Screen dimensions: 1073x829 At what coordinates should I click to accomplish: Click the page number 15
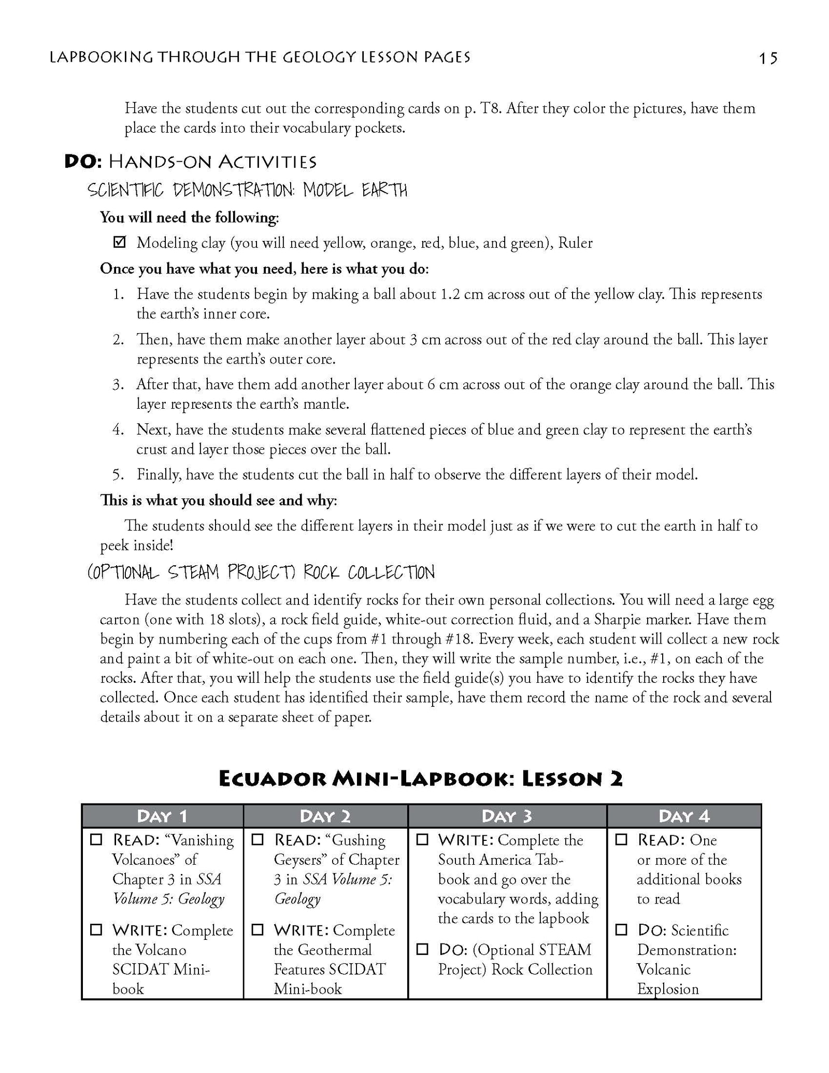(x=768, y=59)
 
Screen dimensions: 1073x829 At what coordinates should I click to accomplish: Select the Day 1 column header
(x=162, y=816)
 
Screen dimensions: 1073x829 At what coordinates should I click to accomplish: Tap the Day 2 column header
(x=325, y=816)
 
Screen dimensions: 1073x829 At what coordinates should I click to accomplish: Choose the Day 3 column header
(x=507, y=816)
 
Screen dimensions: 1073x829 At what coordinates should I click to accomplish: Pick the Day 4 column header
(x=684, y=816)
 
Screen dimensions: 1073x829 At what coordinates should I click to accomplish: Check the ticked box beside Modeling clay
(x=119, y=242)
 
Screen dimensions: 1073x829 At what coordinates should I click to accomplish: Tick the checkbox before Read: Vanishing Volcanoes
(x=96, y=839)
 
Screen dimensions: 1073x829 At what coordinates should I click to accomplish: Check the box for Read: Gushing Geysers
(x=258, y=839)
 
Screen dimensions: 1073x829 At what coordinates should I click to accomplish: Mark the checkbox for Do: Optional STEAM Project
(x=423, y=949)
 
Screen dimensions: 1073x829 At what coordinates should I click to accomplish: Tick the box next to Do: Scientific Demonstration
(x=621, y=930)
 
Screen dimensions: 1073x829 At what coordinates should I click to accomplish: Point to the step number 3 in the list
(x=118, y=384)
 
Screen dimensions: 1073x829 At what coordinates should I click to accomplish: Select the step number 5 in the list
(x=118, y=475)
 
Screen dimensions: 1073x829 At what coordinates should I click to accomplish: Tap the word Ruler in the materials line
(x=575, y=243)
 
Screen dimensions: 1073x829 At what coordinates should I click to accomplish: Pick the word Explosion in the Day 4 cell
(x=667, y=989)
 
